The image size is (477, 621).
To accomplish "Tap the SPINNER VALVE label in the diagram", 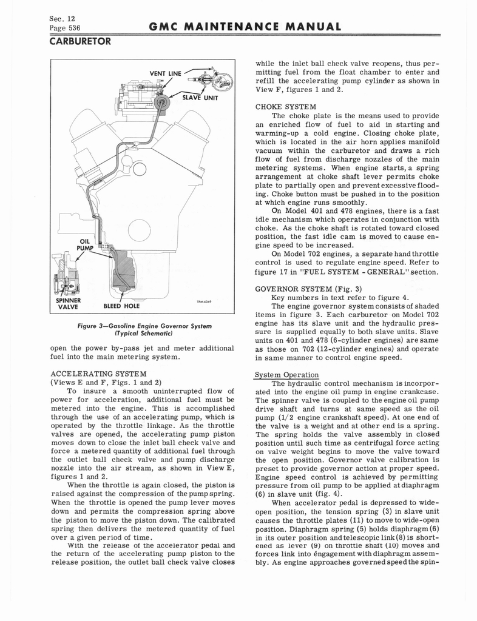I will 69,302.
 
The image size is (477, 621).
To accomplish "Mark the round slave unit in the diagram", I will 161,102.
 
